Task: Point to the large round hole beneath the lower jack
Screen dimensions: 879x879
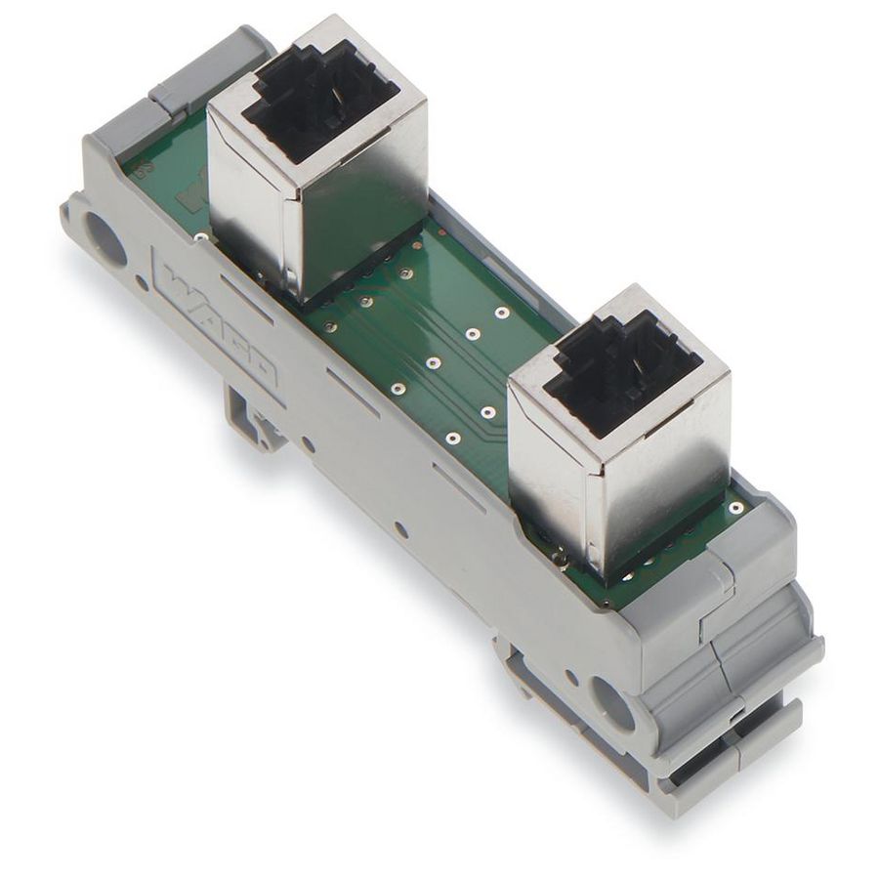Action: (x=611, y=705)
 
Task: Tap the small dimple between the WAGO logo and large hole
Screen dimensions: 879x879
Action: (x=143, y=285)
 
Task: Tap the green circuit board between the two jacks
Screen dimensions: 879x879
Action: (x=430, y=352)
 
